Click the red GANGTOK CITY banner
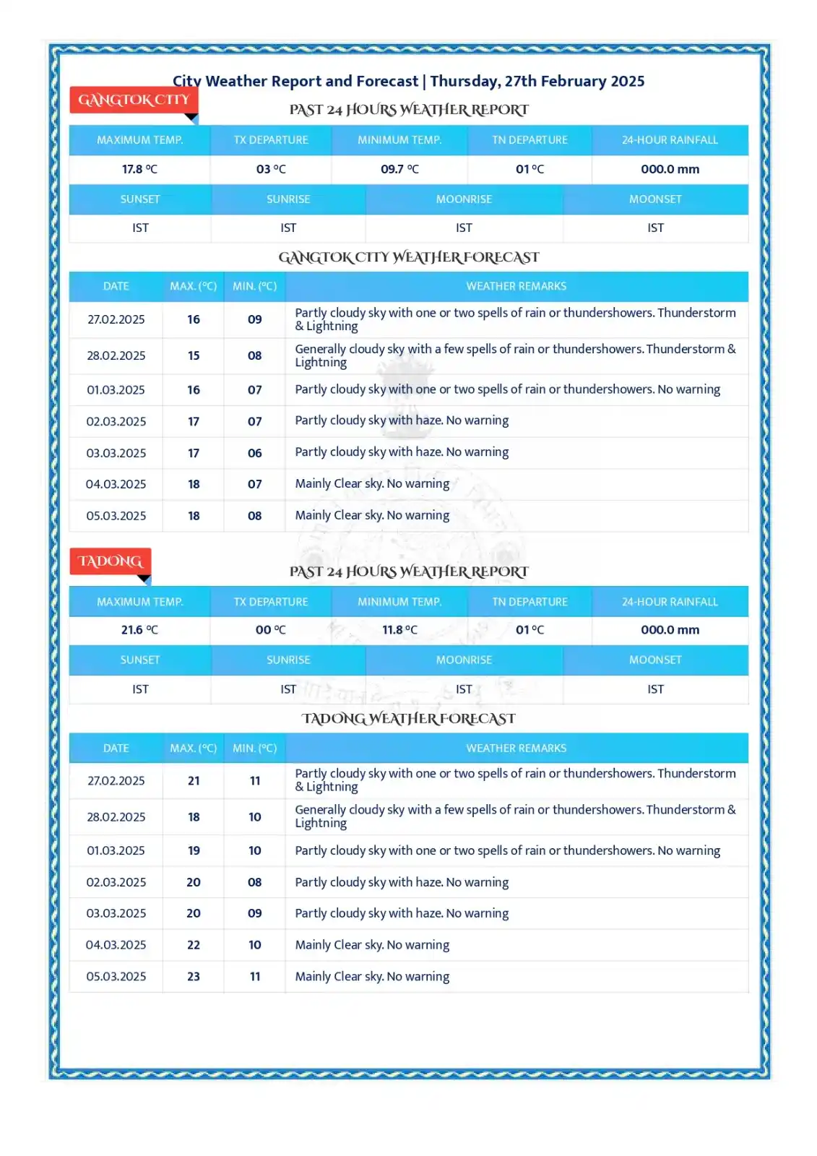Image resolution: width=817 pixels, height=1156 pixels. (134, 100)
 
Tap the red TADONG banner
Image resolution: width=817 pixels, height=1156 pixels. (110, 561)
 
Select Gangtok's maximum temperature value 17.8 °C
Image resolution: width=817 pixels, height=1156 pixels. (139, 169)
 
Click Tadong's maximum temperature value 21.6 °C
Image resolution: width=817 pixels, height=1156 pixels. (139, 630)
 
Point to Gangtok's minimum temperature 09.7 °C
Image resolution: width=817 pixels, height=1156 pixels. (399, 169)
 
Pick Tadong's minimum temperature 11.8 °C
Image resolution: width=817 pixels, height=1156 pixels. (399, 630)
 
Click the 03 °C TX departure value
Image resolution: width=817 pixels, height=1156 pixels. (271, 169)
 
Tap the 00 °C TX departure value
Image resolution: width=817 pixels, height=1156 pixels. (271, 630)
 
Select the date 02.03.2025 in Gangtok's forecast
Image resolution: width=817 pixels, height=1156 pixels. (116, 421)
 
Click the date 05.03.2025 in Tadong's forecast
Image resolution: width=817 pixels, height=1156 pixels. (116, 976)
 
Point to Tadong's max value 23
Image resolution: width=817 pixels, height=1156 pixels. (194, 976)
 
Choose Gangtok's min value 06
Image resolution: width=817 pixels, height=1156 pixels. (255, 453)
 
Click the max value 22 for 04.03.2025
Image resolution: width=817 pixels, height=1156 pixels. (194, 945)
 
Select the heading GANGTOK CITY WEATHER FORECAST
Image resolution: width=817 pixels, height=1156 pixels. (409, 257)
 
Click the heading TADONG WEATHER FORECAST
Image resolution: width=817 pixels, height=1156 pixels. (409, 719)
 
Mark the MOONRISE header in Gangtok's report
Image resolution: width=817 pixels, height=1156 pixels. (464, 199)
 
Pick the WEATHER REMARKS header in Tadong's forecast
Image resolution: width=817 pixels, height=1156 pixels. (516, 749)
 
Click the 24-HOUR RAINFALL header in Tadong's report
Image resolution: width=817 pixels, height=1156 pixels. (670, 602)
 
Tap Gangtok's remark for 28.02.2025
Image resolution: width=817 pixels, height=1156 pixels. (515, 355)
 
